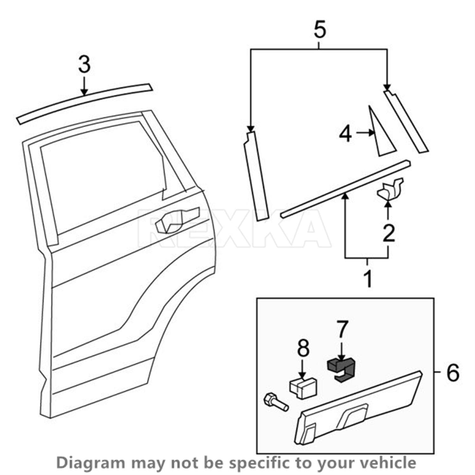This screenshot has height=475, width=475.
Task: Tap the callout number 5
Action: tap(320, 30)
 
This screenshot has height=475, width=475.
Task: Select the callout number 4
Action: tap(345, 134)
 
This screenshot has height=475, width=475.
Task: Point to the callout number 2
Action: tap(389, 233)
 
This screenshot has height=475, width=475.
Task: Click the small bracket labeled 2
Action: tap(390, 189)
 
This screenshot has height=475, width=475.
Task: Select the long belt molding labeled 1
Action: tap(345, 189)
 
